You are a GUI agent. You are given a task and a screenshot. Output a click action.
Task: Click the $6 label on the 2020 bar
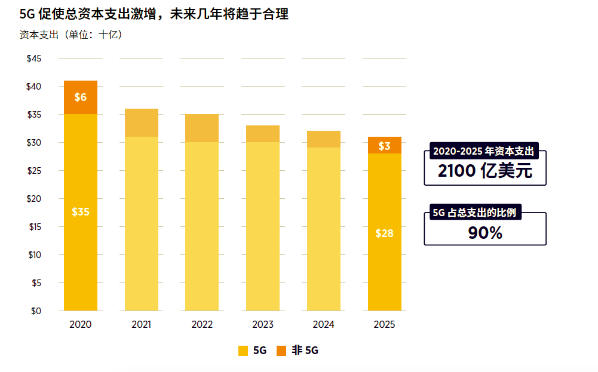[81, 97]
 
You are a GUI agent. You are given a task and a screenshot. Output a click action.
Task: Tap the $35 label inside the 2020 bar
[81, 212]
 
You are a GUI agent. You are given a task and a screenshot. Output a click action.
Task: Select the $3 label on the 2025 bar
[384, 146]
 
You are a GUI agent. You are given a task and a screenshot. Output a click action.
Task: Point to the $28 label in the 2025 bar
[384, 233]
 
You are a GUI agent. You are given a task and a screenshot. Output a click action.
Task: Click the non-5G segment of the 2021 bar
[142, 123]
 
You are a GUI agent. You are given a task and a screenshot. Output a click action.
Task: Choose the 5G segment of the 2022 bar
[202, 226]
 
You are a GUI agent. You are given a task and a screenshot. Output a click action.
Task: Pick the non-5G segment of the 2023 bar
[263, 134]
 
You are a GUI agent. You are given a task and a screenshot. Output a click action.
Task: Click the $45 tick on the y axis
[34, 59]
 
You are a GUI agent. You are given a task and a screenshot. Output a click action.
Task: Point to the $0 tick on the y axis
[36, 311]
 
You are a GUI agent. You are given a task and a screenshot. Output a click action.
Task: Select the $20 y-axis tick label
[34, 199]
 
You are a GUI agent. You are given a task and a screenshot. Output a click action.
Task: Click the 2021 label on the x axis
[142, 325]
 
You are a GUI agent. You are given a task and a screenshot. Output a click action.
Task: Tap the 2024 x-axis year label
[324, 325]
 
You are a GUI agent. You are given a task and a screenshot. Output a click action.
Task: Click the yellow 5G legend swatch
[243, 351]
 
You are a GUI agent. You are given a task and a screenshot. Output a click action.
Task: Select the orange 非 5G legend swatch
[282, 351]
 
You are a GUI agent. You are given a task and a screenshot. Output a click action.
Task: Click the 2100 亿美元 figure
[484, 171]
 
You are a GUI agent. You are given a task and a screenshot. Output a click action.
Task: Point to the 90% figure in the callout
[484, 233]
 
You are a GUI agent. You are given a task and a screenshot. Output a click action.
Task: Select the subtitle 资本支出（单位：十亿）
[71, 35]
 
